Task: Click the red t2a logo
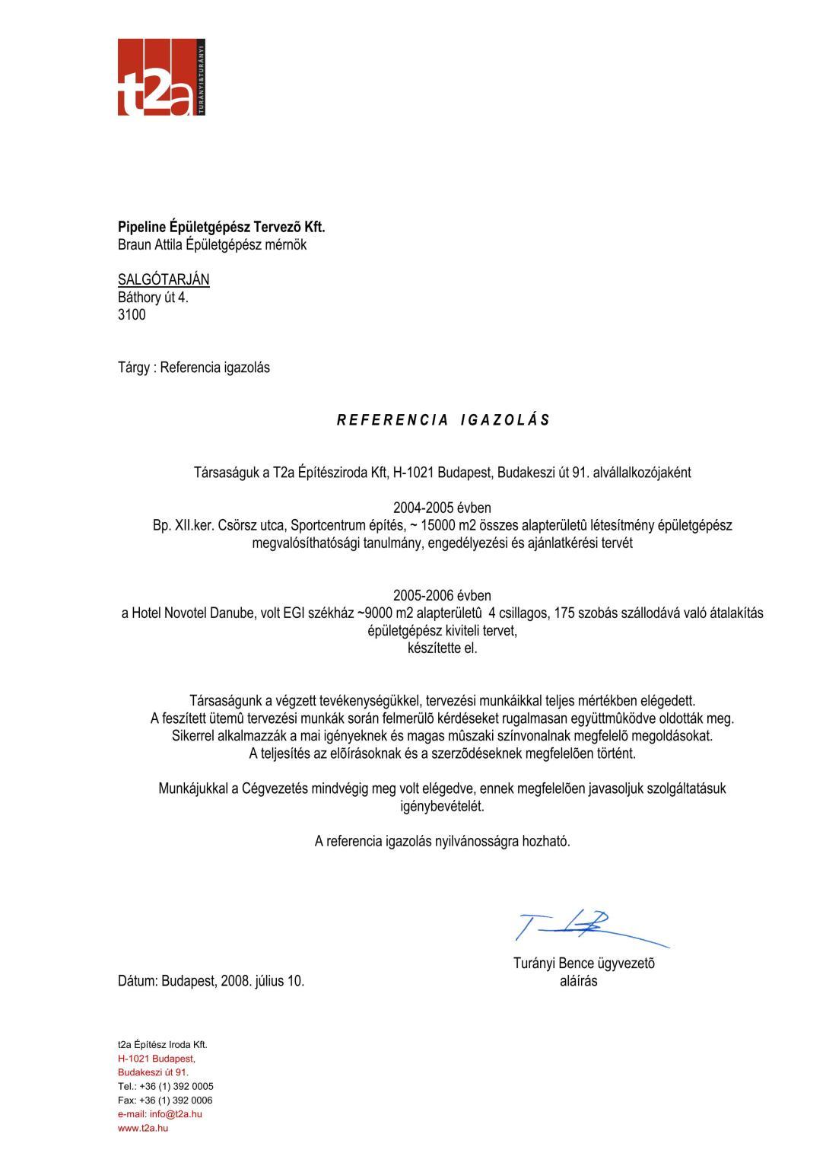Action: click(160, 78)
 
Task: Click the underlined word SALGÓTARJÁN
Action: click(164, 279)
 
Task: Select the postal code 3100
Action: click(132, 314)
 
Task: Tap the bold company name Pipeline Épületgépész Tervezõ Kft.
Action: click(221, 227)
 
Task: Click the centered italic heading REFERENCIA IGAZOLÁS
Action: click(443, 420)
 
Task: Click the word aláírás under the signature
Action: click(578, 981)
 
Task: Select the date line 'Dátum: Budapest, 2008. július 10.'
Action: click(211, 981)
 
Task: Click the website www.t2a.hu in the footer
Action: click(143, 1128)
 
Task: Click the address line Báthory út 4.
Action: click(153, 297)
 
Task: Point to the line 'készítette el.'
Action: click(442, 648)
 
